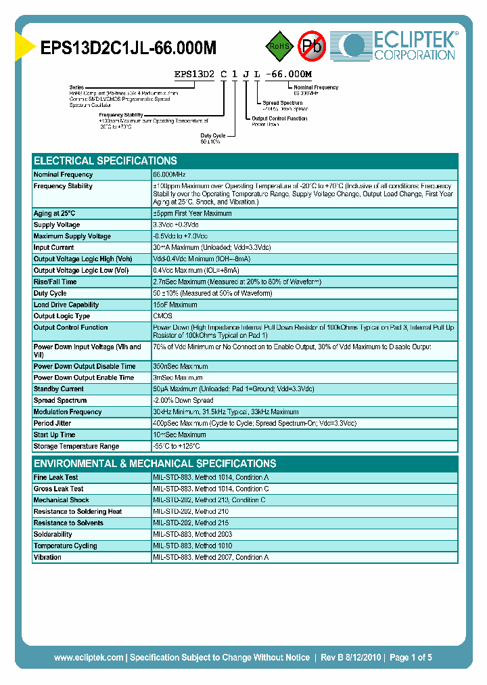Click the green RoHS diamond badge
pyautogui.click(x=279, y=46)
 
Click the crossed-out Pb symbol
pyautogui.click(x=312, y=46)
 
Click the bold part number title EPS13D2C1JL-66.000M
pyautogui.click(x=129, y=48)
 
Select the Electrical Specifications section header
pyautogui.click(x=106, y=161)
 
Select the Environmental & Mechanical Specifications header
pyautogui.click(x=155, y=464)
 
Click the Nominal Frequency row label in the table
pyautogui.click(x=63, y=175)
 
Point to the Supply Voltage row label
pyautogui.click(x=57, y=225)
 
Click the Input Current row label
pyautogui.click(x=54, y=248)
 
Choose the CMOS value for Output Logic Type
pyautogui.click(x=163, y=316)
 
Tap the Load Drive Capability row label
pyautogui.click(x=66, y=305)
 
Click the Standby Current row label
pyautogui.click(x=59, y=389)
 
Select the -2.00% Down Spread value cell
pyautogui.click(x=184, y=401)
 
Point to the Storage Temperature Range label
pyautogui.click(x=76, y=446)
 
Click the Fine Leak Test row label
pyautogui.click(x=55, y=477)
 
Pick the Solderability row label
pyautogui.click(x=53, y=534)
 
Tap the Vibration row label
pyautogui.click(x=47, y=557)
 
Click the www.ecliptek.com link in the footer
pyautogui.click(x=89, y=657)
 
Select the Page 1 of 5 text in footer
pyautogui.click(x=411, y=657)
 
